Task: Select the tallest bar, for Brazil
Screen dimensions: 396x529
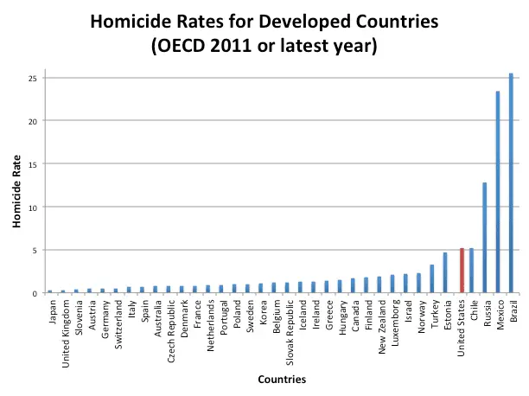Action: [x=511, y=183]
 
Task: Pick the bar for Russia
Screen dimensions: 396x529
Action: [x=485, y=238]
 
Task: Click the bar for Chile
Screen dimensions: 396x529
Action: [x=471, y=271]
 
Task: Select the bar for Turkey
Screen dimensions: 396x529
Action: [x=432, y=279]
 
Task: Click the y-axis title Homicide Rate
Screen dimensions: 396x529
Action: [x=16, y=186]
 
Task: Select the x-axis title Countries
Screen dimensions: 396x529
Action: [x=282, y=379]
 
